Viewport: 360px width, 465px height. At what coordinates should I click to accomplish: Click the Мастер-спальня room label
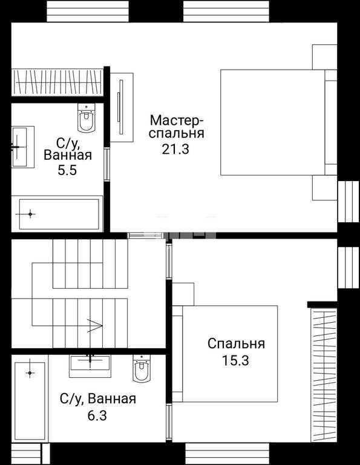177,127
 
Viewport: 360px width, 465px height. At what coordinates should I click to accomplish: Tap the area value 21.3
175,149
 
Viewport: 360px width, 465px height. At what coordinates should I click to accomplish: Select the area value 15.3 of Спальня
236,361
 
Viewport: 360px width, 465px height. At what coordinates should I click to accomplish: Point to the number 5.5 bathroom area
67,171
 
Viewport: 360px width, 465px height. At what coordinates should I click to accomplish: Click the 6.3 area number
97,415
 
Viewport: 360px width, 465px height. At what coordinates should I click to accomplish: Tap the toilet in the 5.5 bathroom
87,117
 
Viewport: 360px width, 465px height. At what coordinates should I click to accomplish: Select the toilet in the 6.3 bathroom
142,368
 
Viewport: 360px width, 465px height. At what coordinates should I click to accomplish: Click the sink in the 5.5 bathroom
23,147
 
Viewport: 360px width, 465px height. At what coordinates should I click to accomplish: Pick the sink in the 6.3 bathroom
90,366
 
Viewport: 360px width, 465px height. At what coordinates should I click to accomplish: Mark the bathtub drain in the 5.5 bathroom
30,214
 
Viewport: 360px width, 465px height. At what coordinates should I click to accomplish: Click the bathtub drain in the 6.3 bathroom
30,373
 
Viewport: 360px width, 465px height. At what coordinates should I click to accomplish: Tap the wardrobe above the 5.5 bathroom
57,82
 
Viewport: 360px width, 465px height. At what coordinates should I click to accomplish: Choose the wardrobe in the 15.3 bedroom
324,375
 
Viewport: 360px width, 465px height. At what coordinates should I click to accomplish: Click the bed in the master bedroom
278,122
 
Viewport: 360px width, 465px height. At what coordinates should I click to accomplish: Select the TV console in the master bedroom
122,107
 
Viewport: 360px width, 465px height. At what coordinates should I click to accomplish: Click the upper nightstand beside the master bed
325,57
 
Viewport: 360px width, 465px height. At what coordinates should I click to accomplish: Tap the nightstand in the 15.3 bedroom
183,294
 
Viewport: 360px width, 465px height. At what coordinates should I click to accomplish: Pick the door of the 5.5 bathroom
106,164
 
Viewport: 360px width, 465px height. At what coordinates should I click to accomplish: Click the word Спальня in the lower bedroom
236,344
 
